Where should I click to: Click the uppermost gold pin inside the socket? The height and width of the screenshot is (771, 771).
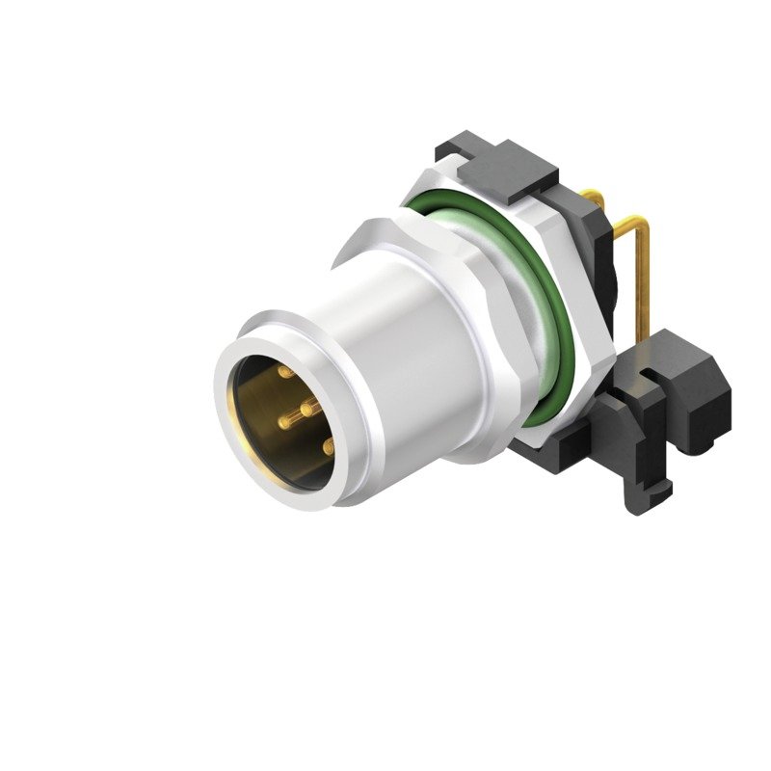(286, 372)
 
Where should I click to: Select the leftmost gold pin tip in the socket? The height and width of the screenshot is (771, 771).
(283, 420)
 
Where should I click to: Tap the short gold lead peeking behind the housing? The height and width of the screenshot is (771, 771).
(596, 199)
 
